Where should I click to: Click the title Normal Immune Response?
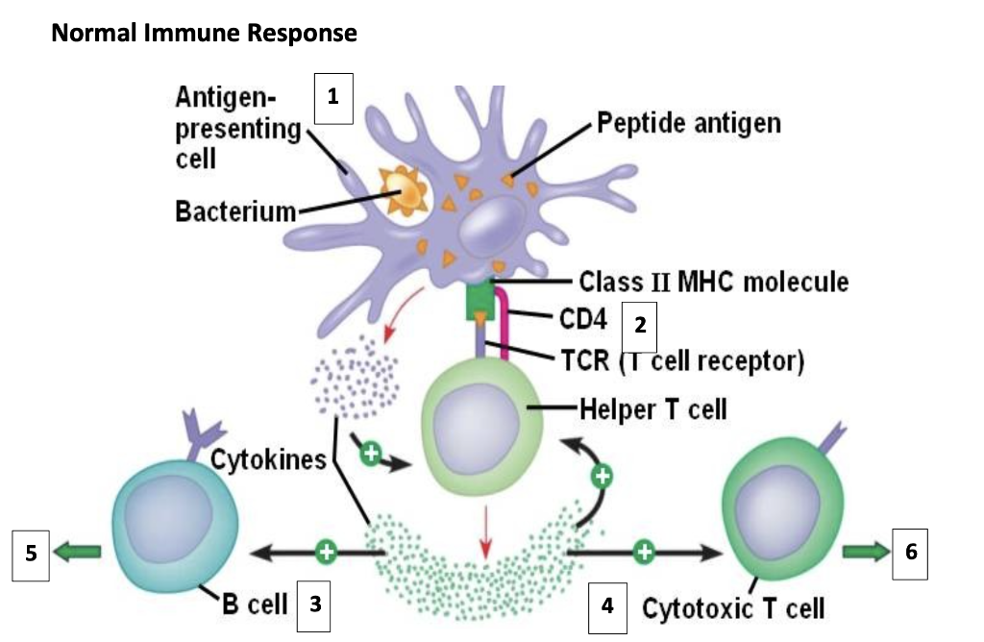(204, 34)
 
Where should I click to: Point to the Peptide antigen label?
(688, 124)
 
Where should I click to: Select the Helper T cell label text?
(652, 408)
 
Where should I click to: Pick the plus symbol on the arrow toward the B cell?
(327, 552)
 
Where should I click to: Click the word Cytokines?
(269, 459)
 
